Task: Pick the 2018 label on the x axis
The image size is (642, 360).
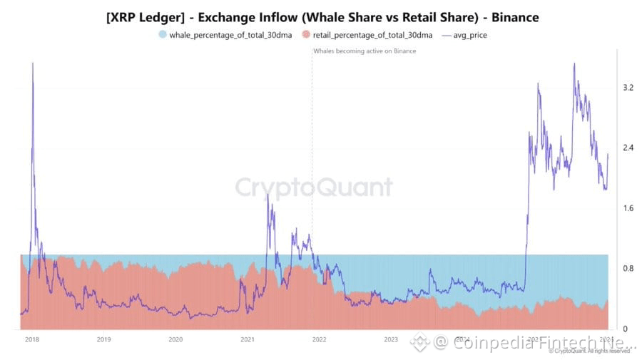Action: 31,339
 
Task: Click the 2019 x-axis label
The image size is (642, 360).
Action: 103,339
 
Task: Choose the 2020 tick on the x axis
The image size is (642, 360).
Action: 175,339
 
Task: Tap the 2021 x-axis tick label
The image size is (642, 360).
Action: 248,339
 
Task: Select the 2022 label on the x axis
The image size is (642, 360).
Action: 320,339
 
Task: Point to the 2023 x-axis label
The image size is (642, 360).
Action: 391,339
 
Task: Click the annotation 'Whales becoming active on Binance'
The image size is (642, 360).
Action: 365,51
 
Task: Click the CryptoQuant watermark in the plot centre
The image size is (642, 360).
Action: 314,187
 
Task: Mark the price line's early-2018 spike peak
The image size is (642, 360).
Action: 33,64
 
